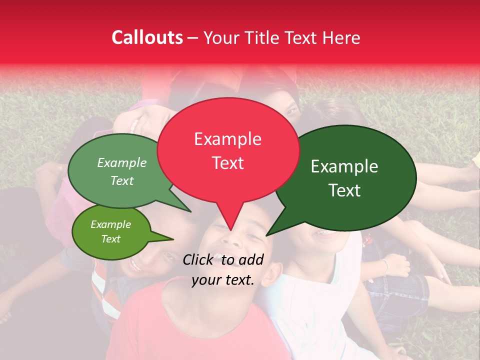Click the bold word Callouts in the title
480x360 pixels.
pos(147,37)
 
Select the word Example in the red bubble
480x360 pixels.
pos(227,139)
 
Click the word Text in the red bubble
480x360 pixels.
pos(227,162)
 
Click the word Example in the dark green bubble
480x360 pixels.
pos(344,166)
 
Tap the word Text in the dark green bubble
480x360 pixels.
pos(344,190)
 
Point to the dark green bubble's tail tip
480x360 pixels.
pos(266,235)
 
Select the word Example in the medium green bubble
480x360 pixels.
pos(122,162)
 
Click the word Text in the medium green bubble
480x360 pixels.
pos(122,180)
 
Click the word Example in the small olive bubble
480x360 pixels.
pos(110,224)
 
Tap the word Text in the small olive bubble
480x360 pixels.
pos(110,239)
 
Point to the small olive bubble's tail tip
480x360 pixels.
pos(173,239)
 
